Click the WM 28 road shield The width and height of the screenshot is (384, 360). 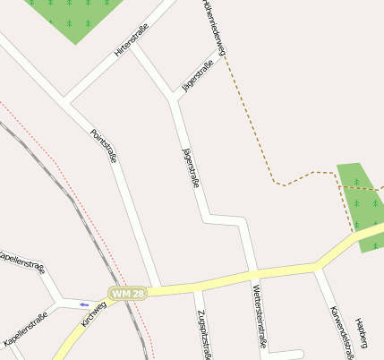click(128, 294)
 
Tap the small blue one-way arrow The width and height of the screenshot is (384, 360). click(85, 304)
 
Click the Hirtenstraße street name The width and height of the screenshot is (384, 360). click(131, 42)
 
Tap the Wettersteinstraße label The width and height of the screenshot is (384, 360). click(258, 315)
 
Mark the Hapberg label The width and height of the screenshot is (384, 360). click(362, 332)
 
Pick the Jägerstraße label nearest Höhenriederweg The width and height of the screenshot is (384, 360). click(199, 76)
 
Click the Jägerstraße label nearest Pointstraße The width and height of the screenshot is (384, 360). click(190, 167)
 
